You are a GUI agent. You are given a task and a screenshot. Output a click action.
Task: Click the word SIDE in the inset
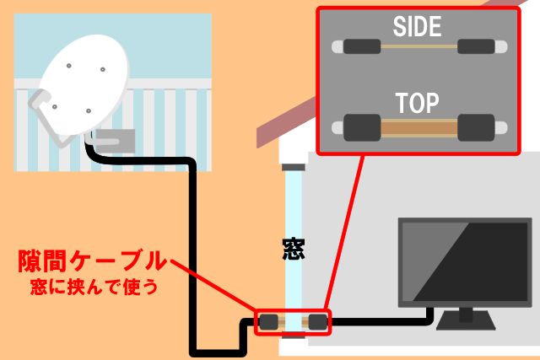[x=418, y=27]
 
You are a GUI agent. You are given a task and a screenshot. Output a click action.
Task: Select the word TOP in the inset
[x=418, y=103]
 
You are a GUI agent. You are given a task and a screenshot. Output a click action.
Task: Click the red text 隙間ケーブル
[x=90, y=263]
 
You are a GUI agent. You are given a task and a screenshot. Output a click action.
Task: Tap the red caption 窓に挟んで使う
[x=91, y=287]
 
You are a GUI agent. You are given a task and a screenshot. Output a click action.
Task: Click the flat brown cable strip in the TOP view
[x=418, y=129]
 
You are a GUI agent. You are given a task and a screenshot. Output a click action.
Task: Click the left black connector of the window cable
[x=269, y=321]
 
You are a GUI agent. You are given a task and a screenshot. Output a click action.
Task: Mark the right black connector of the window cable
[x=317, y=321]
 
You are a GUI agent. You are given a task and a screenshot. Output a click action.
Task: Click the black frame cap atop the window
[x=293, y=166]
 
